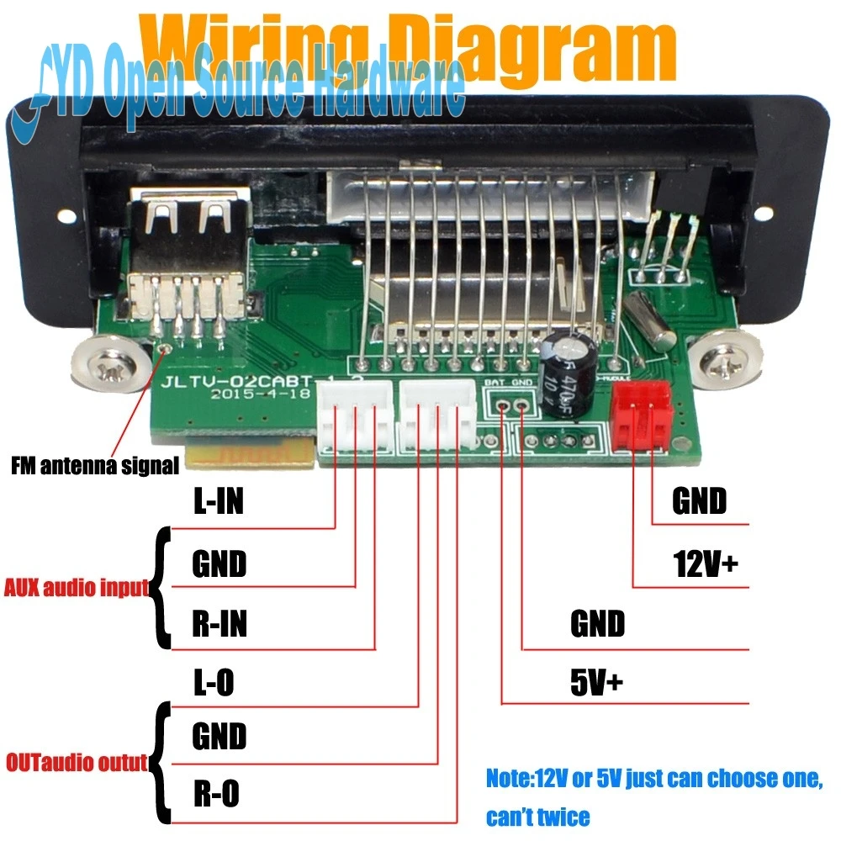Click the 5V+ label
coord(597,683)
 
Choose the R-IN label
coord(220,626)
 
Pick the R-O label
coord(216,793)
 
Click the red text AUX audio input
coord(77,587)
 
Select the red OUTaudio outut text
coord(77,764)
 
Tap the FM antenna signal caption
coord(94,464)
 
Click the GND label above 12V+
coord(699,501)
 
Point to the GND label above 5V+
coord(598,624)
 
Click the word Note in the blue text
coord(506,778)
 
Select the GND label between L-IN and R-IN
coord(220,564)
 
